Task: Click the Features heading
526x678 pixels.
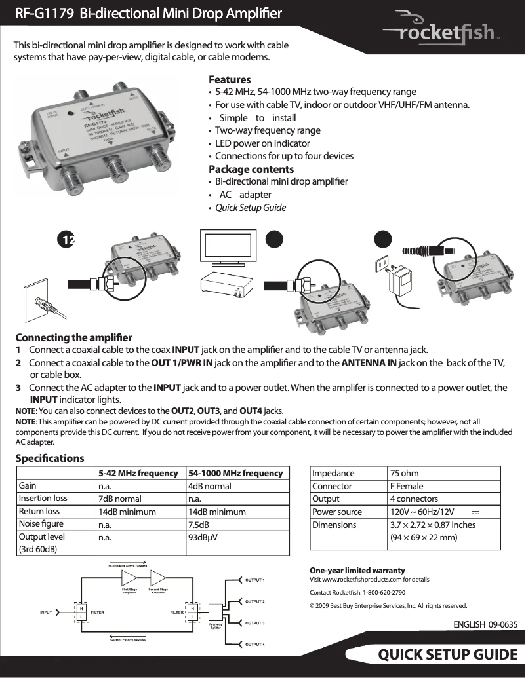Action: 229,79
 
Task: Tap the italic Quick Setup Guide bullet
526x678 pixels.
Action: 251,208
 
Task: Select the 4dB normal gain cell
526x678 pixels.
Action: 209,486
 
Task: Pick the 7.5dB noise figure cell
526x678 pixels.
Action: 199,524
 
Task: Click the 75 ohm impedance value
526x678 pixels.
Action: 404,473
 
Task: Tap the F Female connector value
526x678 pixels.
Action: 407,486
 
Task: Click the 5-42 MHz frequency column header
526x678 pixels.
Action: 138,473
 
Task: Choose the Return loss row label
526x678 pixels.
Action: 39,512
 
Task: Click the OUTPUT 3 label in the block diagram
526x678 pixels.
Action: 254,622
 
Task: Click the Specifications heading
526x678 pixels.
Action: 50,458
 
